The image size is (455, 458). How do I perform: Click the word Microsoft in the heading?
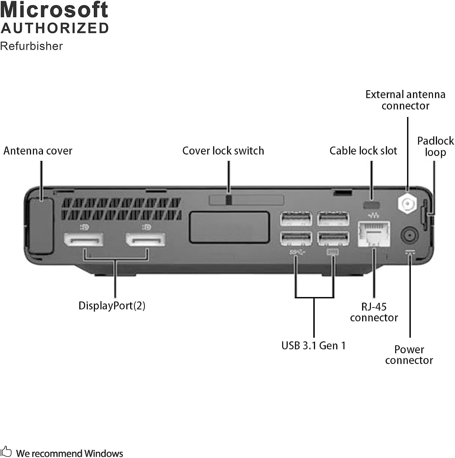(54, 10)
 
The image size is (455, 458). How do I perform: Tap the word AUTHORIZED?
(55, 28)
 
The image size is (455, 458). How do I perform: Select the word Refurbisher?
(31, 46)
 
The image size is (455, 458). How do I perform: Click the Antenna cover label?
(38, 151)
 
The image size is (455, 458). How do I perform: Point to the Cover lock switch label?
(223, 151)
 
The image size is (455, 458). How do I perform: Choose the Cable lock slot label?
(363, 151)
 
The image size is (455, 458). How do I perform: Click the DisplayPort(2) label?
(112, 306)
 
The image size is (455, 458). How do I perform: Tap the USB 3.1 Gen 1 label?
(313, 346)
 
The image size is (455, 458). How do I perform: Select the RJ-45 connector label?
(374, 312)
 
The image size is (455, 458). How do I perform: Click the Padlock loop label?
(435, 147)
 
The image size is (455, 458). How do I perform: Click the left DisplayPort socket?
(84, 240)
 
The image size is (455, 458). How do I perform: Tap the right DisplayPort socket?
(146, 240)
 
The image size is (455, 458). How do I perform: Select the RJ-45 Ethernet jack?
(374, 234)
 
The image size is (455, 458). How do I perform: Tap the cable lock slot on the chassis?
(371, 204)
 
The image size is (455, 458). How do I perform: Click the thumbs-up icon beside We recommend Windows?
(6, 452)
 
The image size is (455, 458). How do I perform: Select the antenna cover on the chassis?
(41, 226)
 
